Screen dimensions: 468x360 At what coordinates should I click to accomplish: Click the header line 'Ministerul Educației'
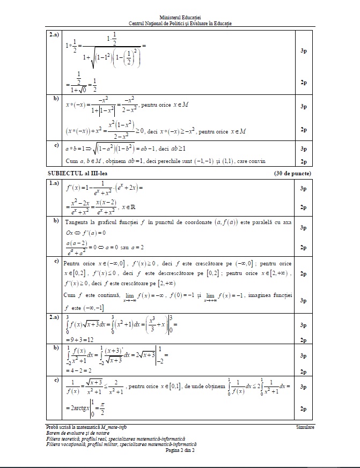[x=180, y=18]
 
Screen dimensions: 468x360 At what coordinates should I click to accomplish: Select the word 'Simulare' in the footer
[x=305, y=427]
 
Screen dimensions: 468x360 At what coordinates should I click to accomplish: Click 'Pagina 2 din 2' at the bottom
[x=180, y=450]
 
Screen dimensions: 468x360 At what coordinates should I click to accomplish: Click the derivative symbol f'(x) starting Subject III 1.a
[x=74, y=188]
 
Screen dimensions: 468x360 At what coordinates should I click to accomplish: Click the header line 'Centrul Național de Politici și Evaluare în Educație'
[x=180, y=24]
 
